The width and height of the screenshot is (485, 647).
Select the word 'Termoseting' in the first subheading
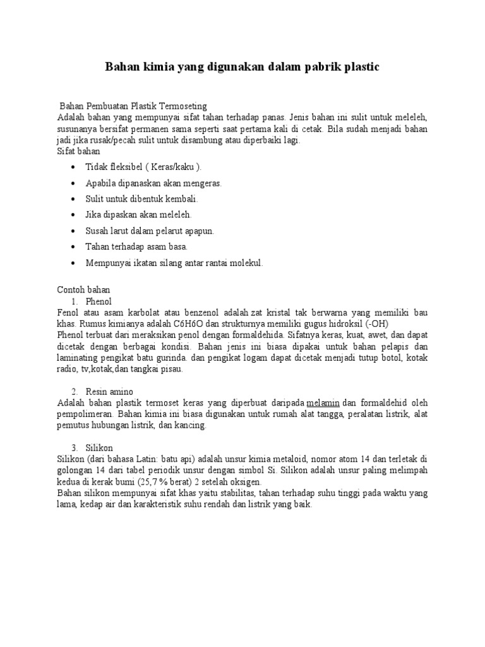pos(184,106)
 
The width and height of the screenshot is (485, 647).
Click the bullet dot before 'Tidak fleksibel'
pos(75,167)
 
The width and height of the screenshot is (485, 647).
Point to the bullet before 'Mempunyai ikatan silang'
pos(75,263)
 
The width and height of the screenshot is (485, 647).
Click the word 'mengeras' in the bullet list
pos(201,183)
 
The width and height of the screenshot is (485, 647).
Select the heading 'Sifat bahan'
pos(78,152)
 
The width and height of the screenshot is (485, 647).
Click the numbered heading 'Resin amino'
pos(110,392)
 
